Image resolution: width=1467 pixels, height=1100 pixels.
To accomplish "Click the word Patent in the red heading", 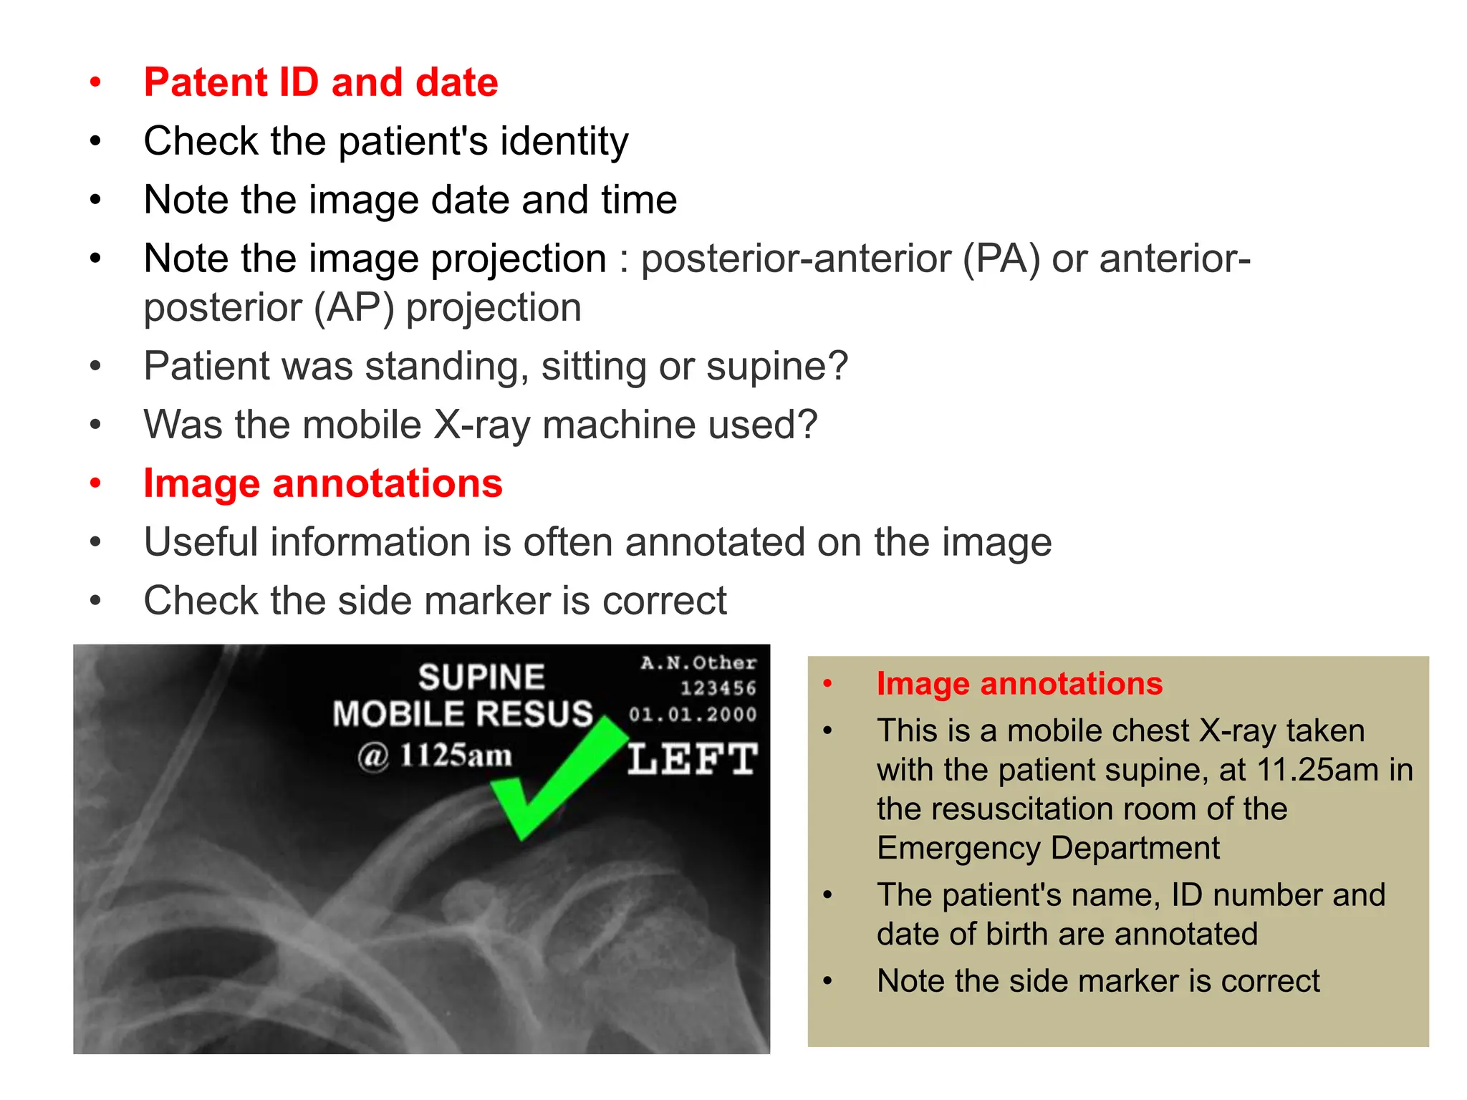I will click(x=205, y=82).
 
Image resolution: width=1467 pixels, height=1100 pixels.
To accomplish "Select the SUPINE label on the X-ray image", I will click(x=481, y=677).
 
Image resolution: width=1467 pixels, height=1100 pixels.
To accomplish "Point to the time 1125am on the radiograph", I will click(x=456, y=755).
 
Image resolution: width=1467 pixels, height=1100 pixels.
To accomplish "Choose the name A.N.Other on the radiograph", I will click(x=698, y=663).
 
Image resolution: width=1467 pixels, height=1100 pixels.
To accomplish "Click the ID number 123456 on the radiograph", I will click(x=718, y=688).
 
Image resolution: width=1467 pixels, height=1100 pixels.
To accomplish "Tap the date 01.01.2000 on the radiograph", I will click(x=693, y=714).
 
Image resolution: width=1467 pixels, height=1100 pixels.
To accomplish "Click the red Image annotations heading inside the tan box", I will click(x=1019, y=683).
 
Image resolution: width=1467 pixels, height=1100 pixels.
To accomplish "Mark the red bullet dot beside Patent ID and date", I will click(x=95, y=82).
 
